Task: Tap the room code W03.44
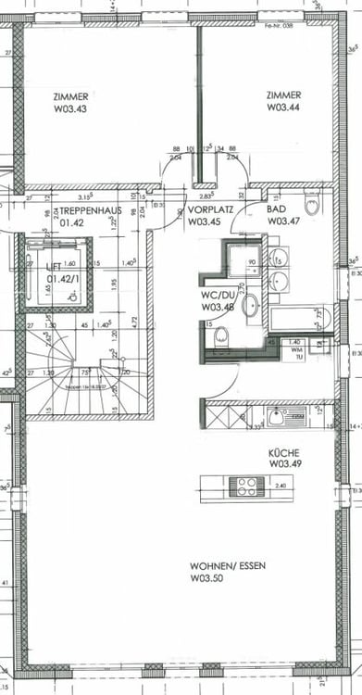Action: coord(282,107)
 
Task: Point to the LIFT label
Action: coord(59,267)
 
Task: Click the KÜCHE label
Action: coord(281,453)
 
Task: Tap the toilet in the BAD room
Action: coord(312,204)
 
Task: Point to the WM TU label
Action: coord(296,353)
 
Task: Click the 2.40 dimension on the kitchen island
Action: coord(281,484)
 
